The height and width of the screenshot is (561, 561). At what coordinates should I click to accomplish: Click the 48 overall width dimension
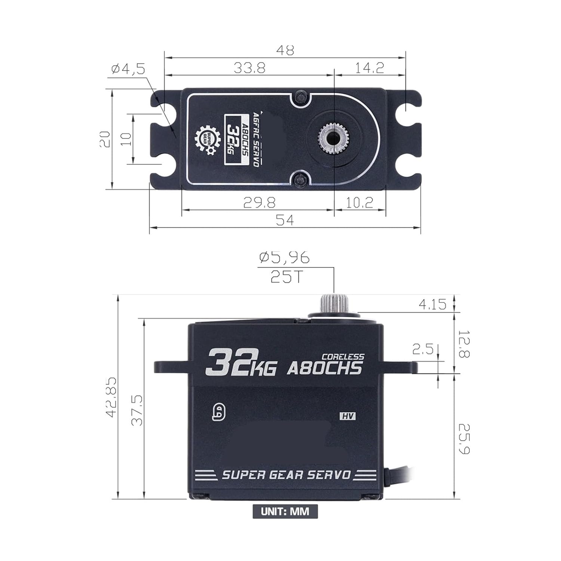(x=285, y=50)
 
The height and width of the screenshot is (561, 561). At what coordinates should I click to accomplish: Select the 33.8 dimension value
(x=249, y=68)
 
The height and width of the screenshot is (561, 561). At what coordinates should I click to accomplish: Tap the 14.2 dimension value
(x=370, y=68)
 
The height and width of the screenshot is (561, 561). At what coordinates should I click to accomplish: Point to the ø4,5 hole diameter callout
(x=128, y=69)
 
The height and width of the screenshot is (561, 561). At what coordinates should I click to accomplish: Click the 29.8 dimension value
(x=259, y=203)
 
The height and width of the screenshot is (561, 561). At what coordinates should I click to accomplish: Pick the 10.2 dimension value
(x=359, y=203)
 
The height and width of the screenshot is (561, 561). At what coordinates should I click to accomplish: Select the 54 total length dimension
(x=285, y=220)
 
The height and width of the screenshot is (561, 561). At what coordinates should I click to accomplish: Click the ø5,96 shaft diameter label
(x=285, y=257)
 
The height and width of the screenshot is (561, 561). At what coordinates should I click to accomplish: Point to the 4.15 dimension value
(x=432, y=304)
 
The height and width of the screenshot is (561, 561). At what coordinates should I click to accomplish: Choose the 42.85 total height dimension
(x=111, y=397)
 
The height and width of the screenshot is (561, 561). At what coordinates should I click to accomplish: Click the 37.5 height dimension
(x=137, y=411)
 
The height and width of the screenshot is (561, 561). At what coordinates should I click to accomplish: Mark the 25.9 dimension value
(x=464, y=439)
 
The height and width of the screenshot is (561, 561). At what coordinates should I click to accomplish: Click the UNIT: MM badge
(x=285, y=511)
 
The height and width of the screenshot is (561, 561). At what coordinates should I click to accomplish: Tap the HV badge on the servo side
(x=347, y=416)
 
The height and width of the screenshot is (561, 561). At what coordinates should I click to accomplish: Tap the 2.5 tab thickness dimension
(x=423, y=349)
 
